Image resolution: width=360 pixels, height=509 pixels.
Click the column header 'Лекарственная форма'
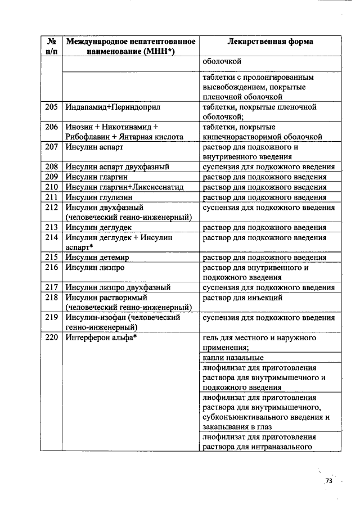270,42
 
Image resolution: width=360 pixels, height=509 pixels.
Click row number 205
52,107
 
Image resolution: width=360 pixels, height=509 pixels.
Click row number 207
52,147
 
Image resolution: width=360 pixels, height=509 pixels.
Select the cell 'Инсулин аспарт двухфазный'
118,167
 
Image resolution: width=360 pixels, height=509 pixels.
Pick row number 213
52,227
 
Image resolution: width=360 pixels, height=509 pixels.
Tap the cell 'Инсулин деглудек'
99,227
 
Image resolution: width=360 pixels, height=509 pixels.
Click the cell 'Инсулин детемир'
98,258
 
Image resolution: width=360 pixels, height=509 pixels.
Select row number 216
52,268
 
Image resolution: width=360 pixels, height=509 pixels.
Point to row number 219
52,318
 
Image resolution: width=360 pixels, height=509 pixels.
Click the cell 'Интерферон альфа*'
102,338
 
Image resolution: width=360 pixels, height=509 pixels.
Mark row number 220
52,338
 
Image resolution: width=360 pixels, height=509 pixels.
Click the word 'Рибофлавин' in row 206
88,136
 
